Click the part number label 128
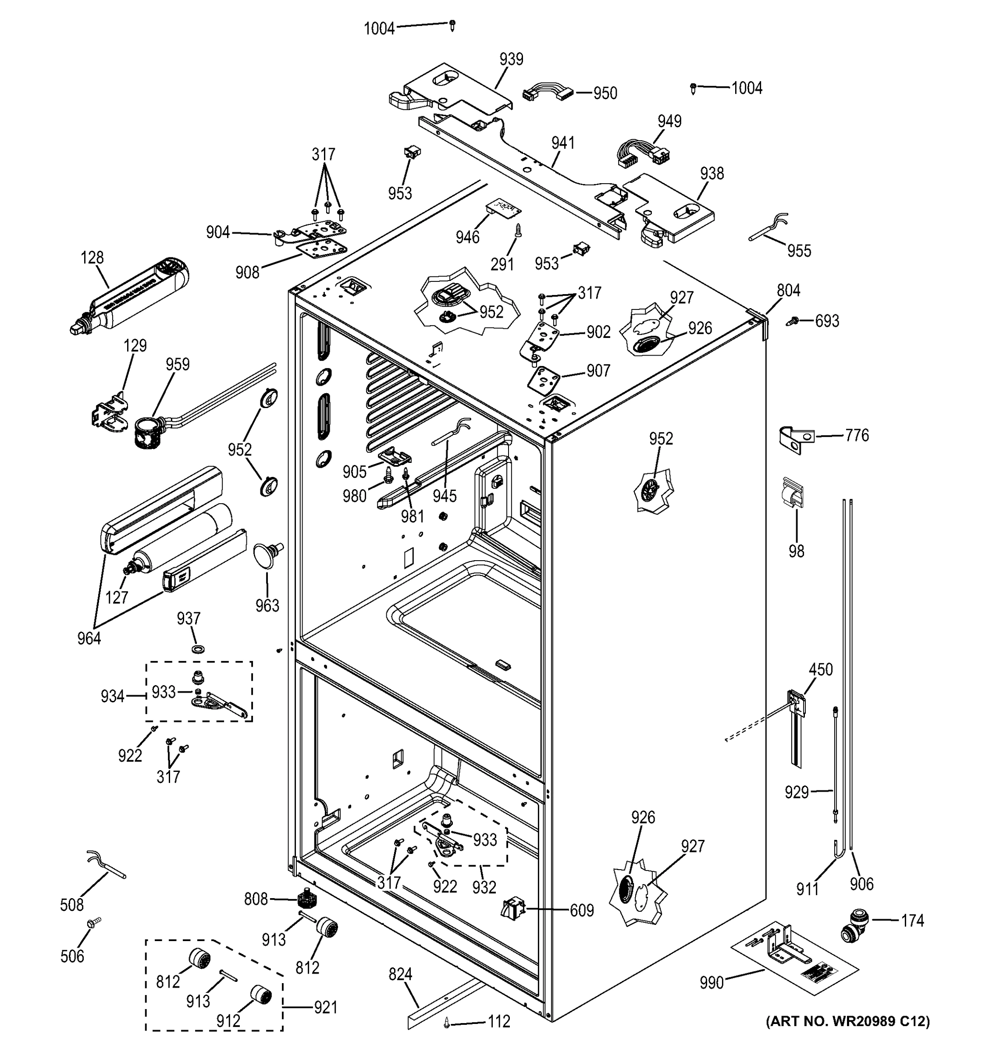coord(92,258)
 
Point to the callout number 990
coord(711,983)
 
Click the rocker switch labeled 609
coord(512,909)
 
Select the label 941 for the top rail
coord(562,143)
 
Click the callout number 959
coord(177,364)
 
